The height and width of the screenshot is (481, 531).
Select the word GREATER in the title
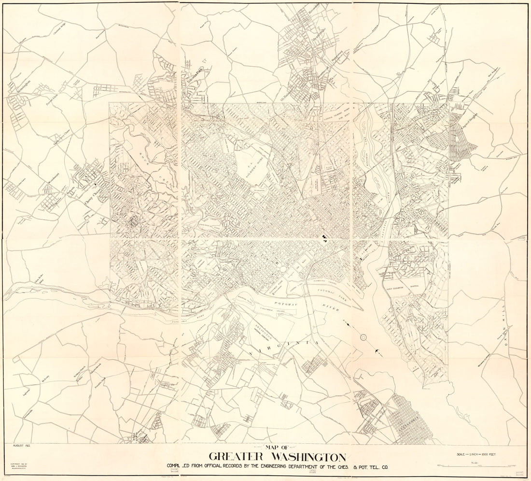coord(236,457)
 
